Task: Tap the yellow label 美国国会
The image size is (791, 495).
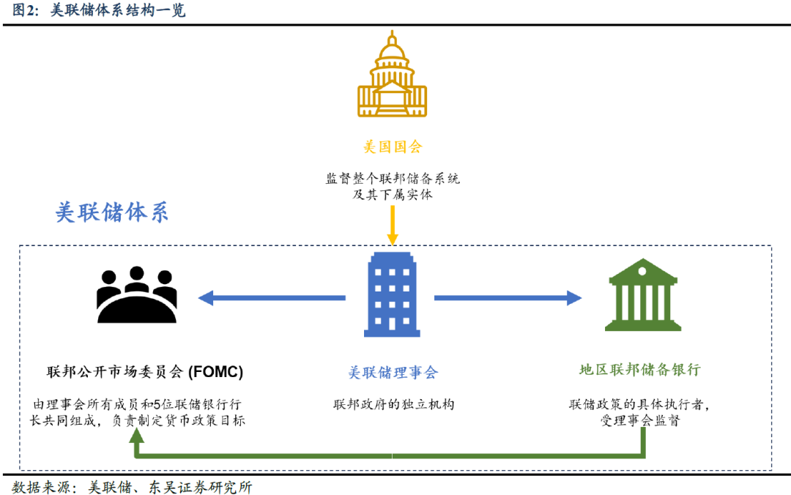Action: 393,147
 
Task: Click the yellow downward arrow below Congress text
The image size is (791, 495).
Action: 393,226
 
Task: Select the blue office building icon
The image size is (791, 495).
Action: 392,294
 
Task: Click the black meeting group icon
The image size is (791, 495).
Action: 137,294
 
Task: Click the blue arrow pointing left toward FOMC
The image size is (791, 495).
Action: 272,298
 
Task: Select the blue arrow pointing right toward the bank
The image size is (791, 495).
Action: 508,298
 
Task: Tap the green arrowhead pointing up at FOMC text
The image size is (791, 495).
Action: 136,436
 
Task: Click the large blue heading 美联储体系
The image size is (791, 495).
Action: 111,212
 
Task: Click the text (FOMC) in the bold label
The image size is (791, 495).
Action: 215,372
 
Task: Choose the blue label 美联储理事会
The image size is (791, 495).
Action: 393,373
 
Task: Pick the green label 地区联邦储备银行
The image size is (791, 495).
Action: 639,370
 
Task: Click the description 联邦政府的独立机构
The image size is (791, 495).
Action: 393,404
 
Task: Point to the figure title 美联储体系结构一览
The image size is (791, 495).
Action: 118,10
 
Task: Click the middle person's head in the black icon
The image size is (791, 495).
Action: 137,273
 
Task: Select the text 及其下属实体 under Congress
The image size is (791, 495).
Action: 393,194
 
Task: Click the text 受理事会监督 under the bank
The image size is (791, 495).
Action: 640,420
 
